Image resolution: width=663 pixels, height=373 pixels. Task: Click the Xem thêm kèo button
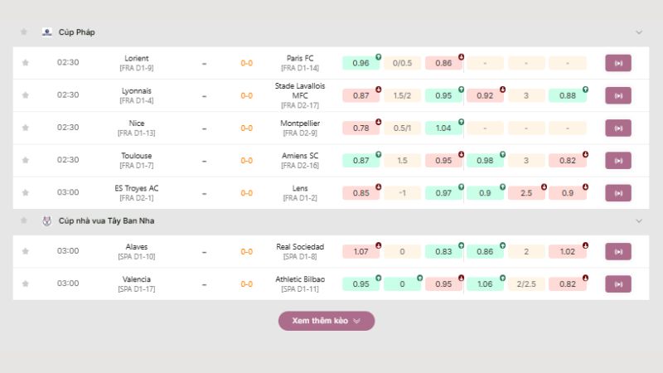326,321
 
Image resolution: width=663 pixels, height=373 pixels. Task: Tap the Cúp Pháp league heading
77,32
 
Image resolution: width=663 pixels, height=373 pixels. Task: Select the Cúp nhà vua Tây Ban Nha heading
106,221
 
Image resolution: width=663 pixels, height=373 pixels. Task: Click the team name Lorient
137,58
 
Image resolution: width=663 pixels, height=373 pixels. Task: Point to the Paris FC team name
300,58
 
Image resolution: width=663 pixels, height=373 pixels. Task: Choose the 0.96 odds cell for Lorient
361,63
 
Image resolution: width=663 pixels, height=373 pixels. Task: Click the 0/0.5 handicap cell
402,63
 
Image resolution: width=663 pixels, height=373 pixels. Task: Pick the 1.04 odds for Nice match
443,128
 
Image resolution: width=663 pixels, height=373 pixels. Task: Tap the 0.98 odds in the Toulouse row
485,160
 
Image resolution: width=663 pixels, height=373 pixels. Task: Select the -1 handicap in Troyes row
402,192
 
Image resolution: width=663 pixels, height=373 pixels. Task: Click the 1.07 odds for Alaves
361,251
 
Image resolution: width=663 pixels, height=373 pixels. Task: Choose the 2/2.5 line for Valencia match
526,283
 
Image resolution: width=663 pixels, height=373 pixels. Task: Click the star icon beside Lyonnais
25,95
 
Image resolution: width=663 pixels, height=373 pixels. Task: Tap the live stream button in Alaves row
617,251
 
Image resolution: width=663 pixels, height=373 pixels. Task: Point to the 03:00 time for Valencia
68,283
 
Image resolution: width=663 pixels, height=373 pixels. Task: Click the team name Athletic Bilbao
300,279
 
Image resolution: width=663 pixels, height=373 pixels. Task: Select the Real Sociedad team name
300,247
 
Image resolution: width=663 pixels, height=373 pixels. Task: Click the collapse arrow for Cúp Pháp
639,32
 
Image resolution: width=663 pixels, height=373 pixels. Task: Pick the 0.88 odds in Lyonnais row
568,95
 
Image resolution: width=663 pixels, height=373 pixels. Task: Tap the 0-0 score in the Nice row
246,128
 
